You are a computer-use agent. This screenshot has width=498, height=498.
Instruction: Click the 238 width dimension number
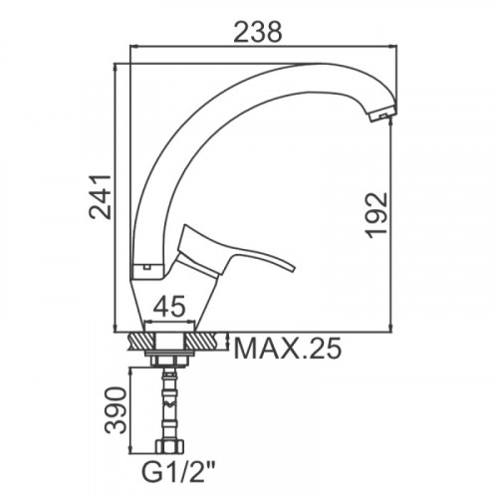[258, 32]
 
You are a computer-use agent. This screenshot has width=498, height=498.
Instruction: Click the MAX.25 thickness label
[287, 349]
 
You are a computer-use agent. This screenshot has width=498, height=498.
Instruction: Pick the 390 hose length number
[116, 410]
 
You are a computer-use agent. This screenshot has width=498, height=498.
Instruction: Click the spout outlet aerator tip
[382, 114]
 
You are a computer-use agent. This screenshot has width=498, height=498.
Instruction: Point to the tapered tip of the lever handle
[292, 268]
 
